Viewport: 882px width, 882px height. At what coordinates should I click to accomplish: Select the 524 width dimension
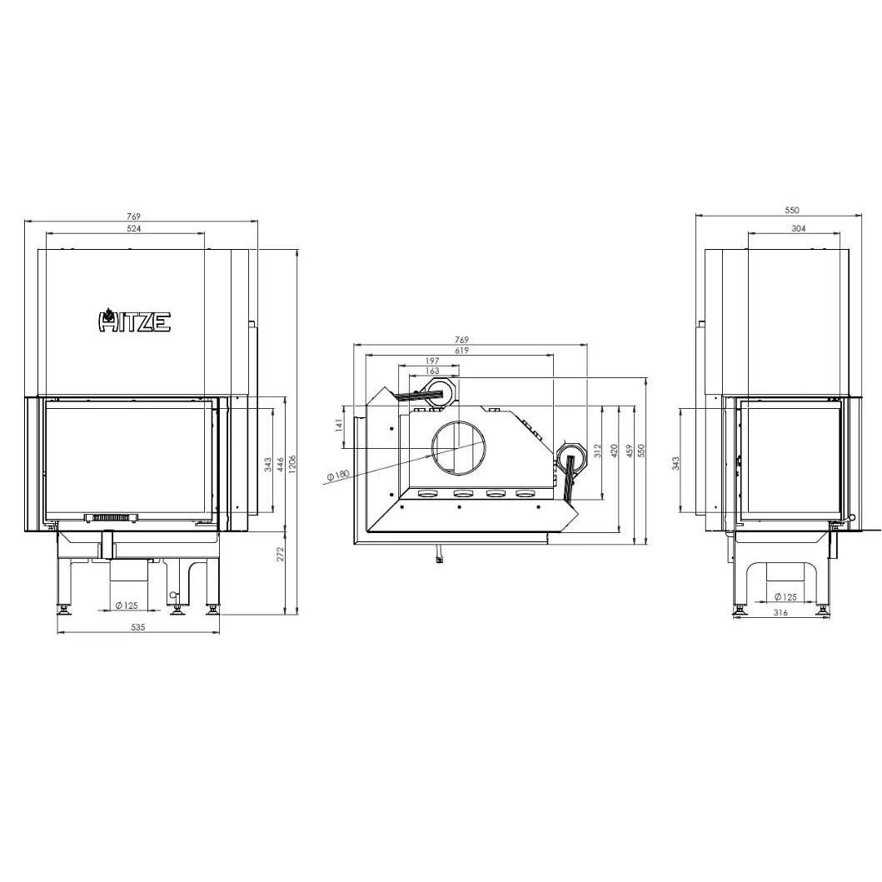tap(134, 228)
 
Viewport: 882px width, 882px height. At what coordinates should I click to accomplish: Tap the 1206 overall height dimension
tap(292, 464)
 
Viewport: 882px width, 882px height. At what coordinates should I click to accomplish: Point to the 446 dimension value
tap(280, 465)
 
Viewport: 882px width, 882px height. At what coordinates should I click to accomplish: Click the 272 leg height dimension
tap(281, 554)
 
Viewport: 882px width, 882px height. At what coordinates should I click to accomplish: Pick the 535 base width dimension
tap(137, 626)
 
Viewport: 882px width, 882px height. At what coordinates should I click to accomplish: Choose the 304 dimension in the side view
tap(798, 228)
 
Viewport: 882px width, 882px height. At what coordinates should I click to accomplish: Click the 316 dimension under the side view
tap(780, 612)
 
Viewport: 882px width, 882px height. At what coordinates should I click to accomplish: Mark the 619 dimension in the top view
tap(461, 351)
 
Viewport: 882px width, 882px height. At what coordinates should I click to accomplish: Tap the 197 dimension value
tap(432, 361)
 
